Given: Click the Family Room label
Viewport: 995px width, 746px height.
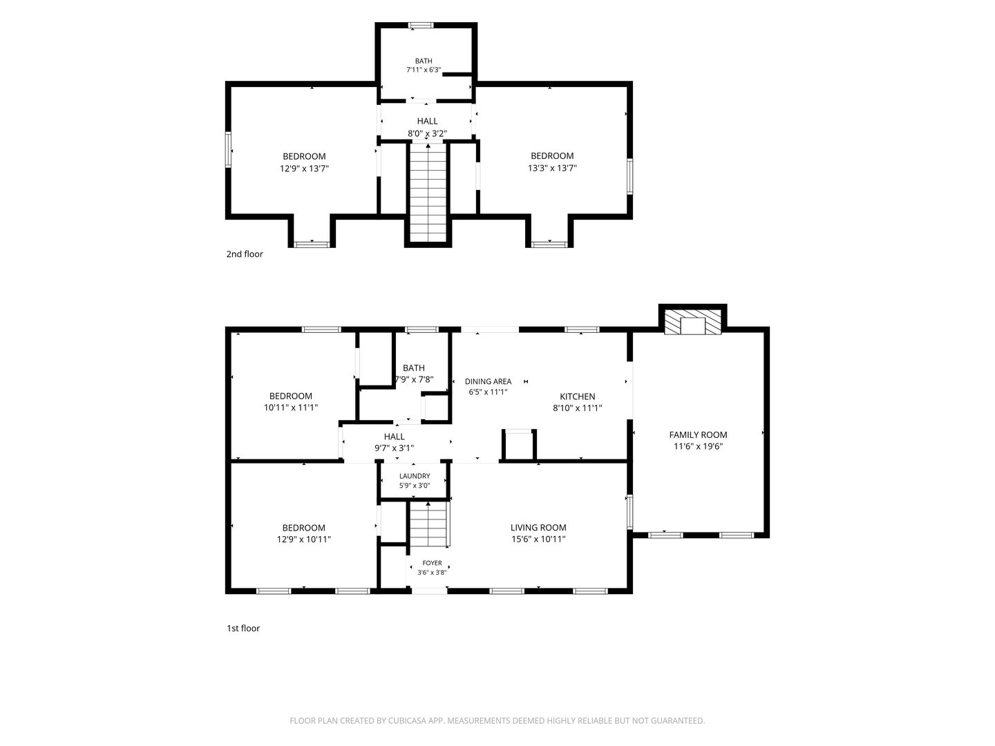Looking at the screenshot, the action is click(x=698, y=435).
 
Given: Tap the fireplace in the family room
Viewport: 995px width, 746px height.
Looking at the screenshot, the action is click(x=692, y=322).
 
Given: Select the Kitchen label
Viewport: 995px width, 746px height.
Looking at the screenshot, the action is click(x=577, y=396).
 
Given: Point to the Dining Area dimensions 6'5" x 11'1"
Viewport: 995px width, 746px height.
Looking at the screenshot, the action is click(x=488, y=392).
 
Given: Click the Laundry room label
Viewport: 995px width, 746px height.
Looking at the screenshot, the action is click(x=415, y=476).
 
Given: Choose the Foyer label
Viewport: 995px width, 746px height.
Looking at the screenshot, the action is click(x=432, y=563).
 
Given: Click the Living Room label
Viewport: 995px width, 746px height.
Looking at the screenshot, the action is click(x=538, y=528).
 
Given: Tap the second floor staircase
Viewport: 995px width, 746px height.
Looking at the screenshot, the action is click(x=428, y=193).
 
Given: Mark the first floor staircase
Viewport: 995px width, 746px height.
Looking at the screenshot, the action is click(x=428, y=524).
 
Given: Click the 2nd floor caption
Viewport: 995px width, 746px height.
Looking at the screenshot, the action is click(x=245, y=254).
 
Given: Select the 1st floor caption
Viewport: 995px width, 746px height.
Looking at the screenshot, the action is click(x=243, y=629).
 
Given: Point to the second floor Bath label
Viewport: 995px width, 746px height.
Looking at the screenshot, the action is click(x=424, y=61).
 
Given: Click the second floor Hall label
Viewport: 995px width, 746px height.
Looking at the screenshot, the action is click(x=427, y=122).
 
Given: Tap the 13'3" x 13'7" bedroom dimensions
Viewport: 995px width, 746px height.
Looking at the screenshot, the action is click(x=552, y=168).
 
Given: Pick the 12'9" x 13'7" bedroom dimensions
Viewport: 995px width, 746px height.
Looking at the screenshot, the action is click(x=304, y=169).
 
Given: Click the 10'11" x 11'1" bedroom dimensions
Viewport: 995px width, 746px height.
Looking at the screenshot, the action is click(x=291, y=408).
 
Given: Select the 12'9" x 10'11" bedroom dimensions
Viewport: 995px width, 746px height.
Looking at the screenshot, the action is click(x=304, y=539).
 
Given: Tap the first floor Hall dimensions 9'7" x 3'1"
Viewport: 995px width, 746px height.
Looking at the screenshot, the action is click(x=394, y=448).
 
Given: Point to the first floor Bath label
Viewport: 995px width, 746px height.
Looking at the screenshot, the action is click(x=413, y=368).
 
